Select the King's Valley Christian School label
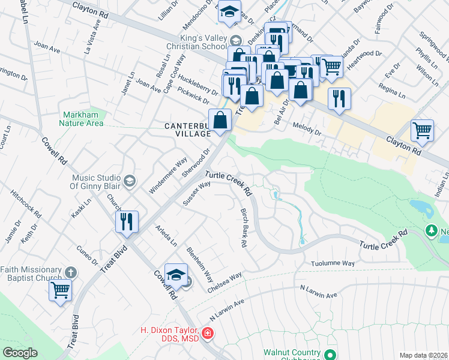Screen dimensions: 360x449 [x=198, y=45]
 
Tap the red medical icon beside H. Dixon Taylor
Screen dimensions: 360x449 [x=208, y=332]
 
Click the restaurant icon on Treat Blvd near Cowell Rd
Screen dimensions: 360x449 [x=127, y=221]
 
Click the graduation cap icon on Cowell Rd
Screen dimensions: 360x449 [x=176, y=275]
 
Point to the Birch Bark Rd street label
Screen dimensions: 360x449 [x=244, y=229]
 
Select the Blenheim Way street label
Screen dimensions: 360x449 [x=200, y=265]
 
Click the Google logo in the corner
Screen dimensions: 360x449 [x=20, y=353]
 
